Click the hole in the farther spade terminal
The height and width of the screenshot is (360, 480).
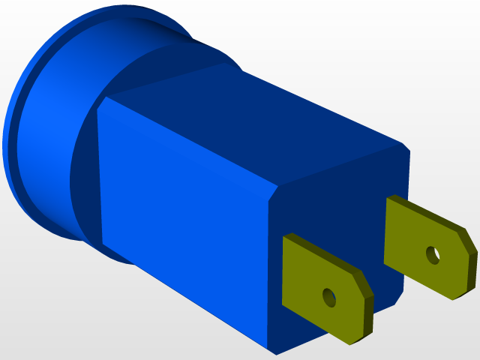pos(433,255)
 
